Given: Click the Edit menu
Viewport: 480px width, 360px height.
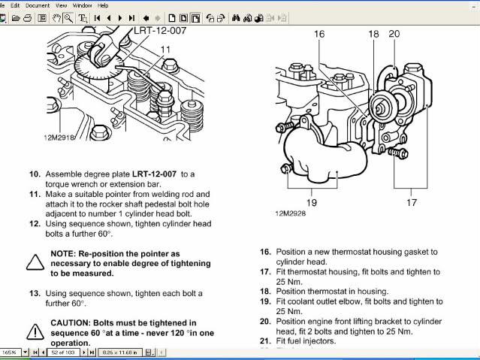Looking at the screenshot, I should (14, 5).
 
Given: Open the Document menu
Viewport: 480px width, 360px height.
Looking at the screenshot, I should (38, 5).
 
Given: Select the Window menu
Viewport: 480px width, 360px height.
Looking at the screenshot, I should (83, 5).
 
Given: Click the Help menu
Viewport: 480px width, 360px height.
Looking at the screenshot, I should (104, 5).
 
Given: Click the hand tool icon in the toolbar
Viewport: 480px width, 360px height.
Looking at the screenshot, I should (57, 17).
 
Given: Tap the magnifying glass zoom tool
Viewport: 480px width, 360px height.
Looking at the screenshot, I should (69, 17).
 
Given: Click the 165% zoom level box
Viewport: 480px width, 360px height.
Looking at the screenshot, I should (11, 352).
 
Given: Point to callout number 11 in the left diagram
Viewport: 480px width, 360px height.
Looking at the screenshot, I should (165, 50).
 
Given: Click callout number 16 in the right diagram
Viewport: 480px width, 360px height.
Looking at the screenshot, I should (319, 34).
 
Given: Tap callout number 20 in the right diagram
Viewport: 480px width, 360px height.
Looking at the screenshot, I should (394, 34).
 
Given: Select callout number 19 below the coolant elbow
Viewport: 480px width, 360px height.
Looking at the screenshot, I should (312, 202).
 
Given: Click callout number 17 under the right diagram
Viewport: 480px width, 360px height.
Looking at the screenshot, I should (412, 202).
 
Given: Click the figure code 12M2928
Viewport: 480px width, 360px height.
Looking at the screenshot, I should (291, 213).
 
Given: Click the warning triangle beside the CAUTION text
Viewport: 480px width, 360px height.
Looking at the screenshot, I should (35, 331).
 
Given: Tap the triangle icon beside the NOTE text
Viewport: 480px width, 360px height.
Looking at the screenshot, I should (35, 262).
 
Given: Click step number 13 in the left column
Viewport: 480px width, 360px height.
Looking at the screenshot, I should (35, 293).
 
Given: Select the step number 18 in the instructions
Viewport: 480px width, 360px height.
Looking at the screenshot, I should (265, 291).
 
